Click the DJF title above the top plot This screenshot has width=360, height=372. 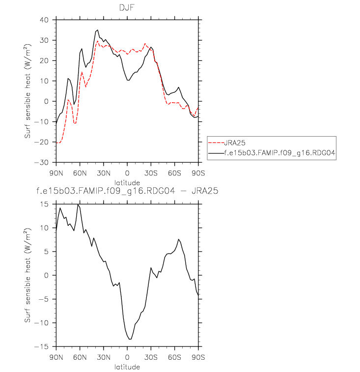click(127, 8)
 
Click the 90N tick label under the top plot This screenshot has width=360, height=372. click(56, 172)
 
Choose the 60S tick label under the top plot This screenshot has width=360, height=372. click(175, 172)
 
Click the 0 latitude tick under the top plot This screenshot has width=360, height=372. click(127, 172)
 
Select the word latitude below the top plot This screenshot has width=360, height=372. click(127, 181)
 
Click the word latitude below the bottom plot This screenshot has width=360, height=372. click(127, 367)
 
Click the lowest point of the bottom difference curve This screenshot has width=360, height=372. click(130, 339)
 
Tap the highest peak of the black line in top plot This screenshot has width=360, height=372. click(97, 29)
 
